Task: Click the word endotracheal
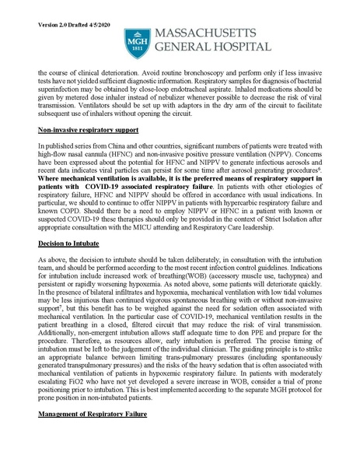point(208,89)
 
